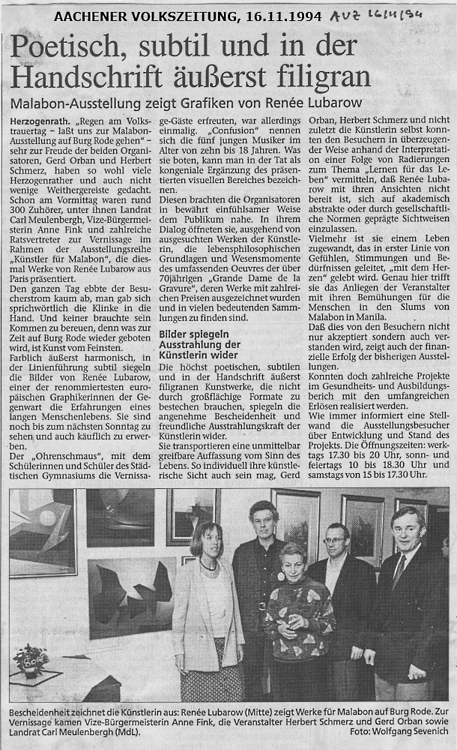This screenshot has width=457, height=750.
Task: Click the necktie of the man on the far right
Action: click(x=398, y=572)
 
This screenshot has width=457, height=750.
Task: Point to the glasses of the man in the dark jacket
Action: click(x=335, y=539)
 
